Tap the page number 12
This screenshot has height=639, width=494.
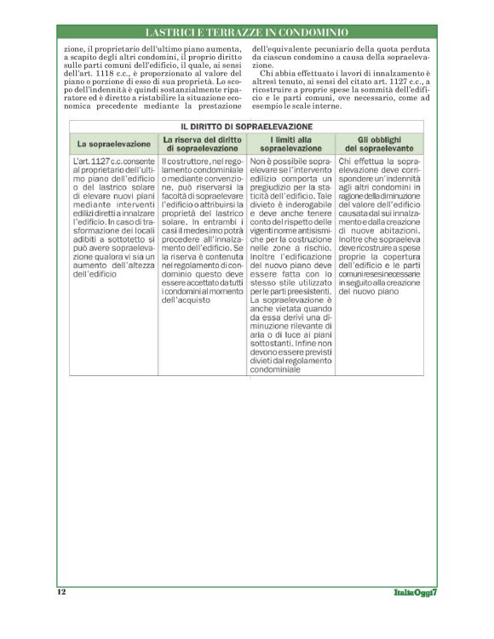[61, 592]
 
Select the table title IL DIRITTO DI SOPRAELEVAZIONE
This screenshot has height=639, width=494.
[246, 126]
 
